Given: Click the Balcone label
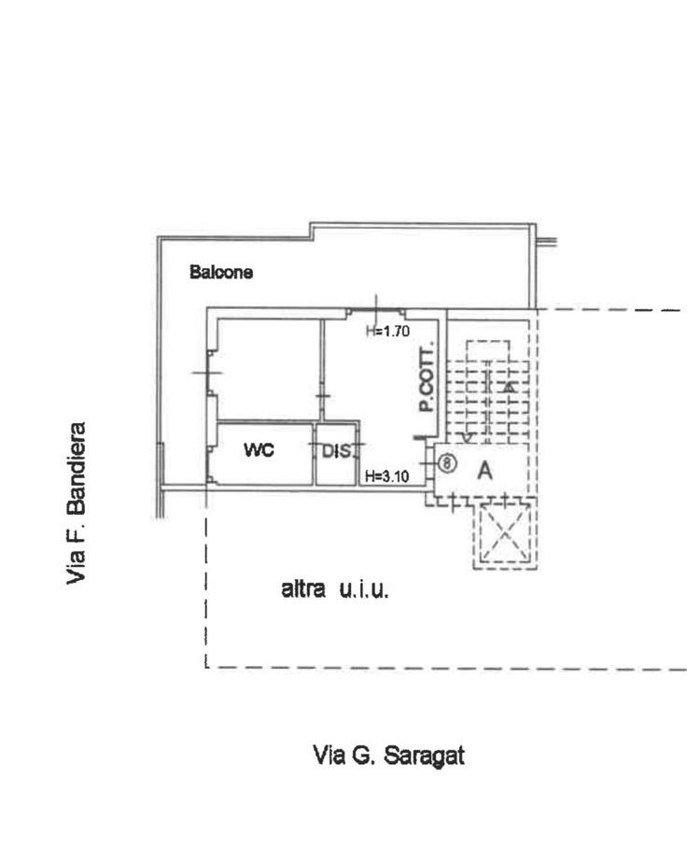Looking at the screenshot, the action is coord(221,272).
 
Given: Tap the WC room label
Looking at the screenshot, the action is coord(259,449).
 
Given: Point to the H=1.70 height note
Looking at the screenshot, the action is coord(387,332).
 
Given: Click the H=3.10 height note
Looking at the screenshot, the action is coord(387,476).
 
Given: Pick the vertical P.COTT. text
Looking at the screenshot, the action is coord(427,377).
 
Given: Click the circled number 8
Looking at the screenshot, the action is coord(448,463).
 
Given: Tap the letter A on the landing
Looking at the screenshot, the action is coord(484,471).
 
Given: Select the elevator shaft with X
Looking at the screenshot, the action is coord(505,532).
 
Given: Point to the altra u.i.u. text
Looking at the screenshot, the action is coord(335,589).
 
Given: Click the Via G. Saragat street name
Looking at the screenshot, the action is coord(389,755).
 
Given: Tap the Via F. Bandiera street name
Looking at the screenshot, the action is coord(76,503).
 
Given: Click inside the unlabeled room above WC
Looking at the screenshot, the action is coord(269,369).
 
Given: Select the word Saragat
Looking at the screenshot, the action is coord(424,755).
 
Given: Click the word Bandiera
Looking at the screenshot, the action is coord(76,468).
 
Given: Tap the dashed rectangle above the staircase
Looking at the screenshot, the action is coord(488,350).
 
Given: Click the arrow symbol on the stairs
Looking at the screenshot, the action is coord(511,387).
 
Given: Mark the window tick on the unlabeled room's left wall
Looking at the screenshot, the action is coord(207,374).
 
